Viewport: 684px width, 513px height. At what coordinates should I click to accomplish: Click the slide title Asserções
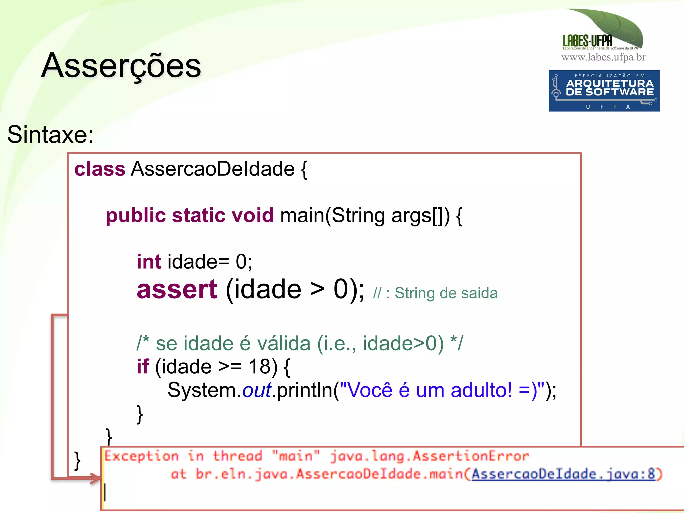[121, 66]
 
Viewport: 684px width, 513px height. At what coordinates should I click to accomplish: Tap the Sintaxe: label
[50, 135]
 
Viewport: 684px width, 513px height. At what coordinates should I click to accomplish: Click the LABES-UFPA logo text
[587, 41]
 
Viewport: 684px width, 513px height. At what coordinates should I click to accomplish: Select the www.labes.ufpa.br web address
[604, 57]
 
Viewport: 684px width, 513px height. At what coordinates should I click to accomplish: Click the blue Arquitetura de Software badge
[604, 91]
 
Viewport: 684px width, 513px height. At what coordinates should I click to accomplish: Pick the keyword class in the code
[100, 169]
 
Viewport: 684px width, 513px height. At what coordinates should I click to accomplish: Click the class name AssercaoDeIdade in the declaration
[213, 169]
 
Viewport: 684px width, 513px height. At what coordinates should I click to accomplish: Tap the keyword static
[199, 215]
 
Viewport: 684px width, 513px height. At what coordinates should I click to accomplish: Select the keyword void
[252, 215]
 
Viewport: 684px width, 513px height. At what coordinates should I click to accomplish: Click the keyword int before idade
[149, 261]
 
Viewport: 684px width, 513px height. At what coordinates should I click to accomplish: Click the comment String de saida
[446, 293]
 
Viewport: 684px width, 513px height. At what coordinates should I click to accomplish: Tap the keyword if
[143, 367]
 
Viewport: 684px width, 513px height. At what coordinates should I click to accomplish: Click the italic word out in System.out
[256, 390]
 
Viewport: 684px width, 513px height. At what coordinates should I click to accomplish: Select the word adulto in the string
[481, 390]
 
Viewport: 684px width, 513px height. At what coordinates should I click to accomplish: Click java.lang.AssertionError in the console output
[430, 456]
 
